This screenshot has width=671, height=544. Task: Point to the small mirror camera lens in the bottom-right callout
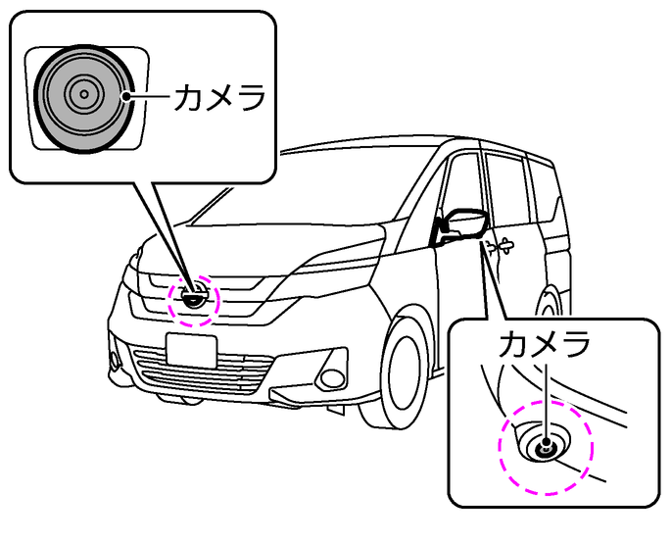tap(544, 447)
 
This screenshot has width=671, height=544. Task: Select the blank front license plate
tap(191, 349)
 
